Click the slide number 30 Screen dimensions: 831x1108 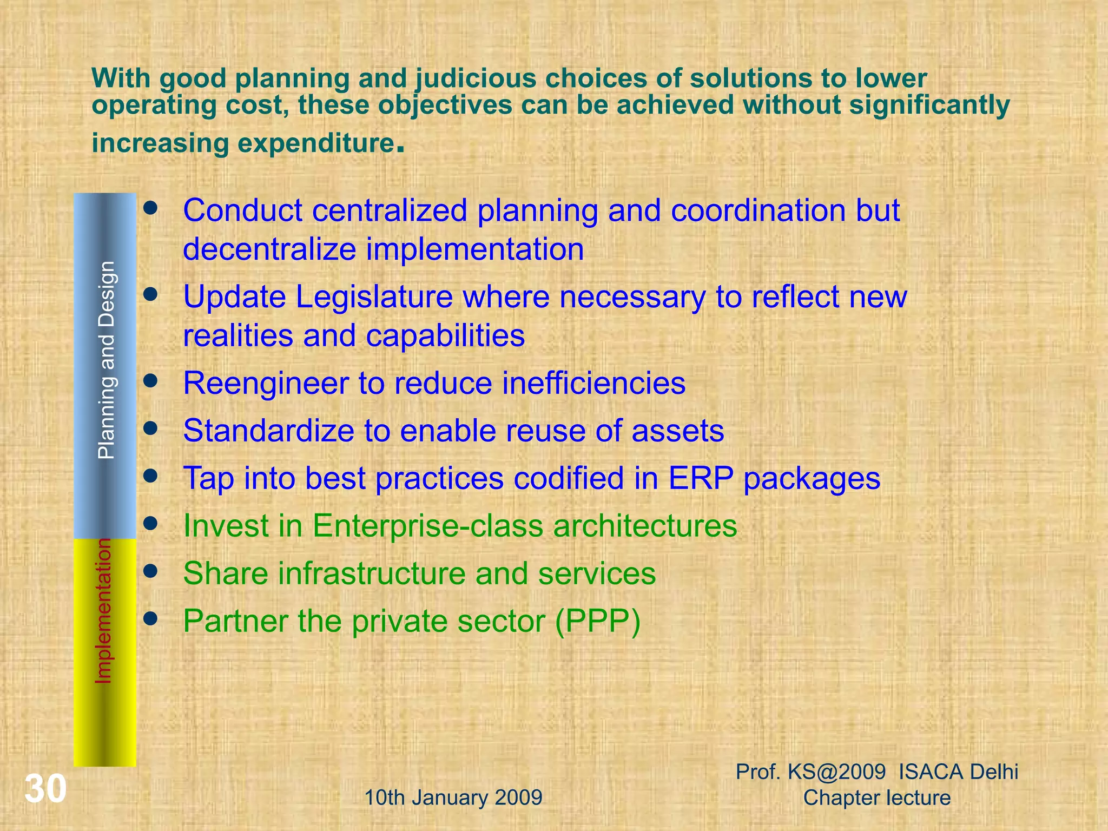tap(45, 789)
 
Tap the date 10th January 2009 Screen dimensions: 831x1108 tap(453, 797)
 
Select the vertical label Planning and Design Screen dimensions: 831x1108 tap(106, 360)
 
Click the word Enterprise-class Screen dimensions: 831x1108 tap(427, 526)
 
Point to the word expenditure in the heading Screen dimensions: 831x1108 tap(315, 143)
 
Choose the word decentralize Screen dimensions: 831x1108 tap(269, 249)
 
